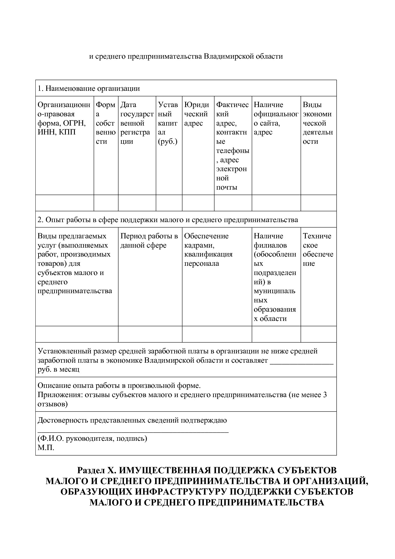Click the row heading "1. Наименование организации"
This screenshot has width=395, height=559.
(89, 88)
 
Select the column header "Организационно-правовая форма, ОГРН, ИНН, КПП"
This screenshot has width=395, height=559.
(64, 118)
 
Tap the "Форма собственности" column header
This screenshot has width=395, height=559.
(106, 123)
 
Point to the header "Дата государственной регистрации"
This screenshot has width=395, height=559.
(137, 123)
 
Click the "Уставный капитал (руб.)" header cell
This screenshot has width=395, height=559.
(169, 123)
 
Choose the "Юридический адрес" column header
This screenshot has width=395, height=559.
(197, 114)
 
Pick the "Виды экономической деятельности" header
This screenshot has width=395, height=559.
(318, 123)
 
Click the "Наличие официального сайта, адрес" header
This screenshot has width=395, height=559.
(276, 118)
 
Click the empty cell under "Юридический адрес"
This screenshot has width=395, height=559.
(198, 203)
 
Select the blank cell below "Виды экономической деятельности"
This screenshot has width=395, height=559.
(318, 203)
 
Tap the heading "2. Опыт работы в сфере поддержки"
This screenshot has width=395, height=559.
(168, 220)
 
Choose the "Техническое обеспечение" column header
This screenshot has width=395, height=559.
(318, 250)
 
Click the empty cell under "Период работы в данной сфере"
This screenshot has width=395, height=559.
(150, 334)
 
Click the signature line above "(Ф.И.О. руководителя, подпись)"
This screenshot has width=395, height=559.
(133, 431)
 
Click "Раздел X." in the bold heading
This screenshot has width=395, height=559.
(95, 471)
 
